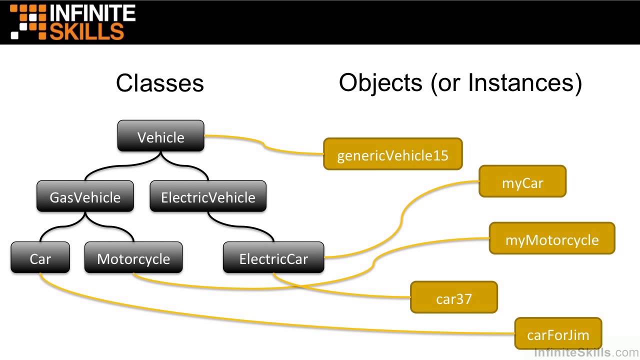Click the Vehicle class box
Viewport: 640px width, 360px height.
pyautogui.click(x=160, y=136)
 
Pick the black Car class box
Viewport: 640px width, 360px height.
pyautogui.click(x=40, y=258)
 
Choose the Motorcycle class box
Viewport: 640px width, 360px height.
pyautogui.click(x=133, y=258)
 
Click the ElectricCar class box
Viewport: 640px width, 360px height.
pyautogui.click(x=273, y=258)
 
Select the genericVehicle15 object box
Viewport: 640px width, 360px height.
pyautogui.click(x=393, y=154)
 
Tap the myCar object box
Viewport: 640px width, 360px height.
pyautogui.click(x=522, y=182)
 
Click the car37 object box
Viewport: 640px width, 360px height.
pyautogui.click(x=454, y=298)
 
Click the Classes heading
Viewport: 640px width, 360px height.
pyautogui.click(x=160, y=83)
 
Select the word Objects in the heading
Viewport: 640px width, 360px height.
pyautogui.click(x=380, y=83)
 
